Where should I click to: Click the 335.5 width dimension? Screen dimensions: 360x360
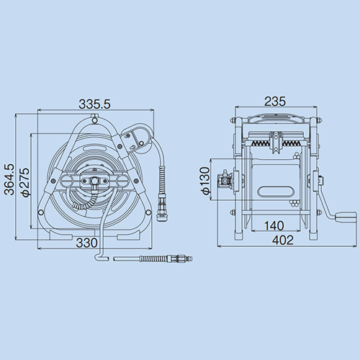(x=94, y=104)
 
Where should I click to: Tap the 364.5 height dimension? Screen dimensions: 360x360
(x=10, y=179)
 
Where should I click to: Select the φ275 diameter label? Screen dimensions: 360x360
(x=25, y=182)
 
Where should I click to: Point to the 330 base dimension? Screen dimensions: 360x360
(x=86, y=243)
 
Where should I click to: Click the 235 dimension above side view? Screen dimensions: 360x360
(x=275, y=102)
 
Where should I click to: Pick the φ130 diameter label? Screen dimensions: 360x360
(x=205, y=181)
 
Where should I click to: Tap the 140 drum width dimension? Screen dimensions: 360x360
(x=274, y=225)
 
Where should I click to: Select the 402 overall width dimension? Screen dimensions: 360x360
(x=283, y=240)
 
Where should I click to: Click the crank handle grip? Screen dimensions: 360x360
(x=346, y=218)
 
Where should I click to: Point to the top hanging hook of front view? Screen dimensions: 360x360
(x=94, y=119)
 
